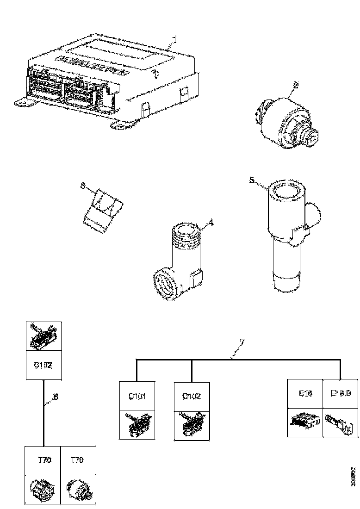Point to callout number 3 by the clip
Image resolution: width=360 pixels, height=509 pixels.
pos(83,186)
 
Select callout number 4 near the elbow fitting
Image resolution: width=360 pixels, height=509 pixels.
pos(211,223)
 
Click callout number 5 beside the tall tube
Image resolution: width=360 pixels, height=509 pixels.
pos(252,180)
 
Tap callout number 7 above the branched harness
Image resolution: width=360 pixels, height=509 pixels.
pos(242,343)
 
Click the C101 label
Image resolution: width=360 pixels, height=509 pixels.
pos(137,396)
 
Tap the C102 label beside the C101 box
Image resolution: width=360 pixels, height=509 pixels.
pos(191,396)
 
